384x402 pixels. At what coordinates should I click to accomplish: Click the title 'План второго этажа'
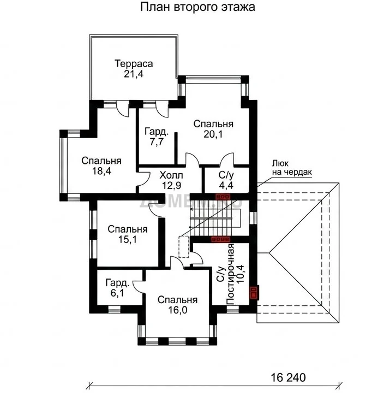coord(197,7)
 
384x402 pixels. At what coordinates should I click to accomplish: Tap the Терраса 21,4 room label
coord(134,68)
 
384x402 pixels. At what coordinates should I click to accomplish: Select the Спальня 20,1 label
coord(213,129)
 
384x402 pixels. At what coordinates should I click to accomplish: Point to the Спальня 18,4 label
coord(101,165)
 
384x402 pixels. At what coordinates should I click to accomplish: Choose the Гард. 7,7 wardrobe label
coord(157,137)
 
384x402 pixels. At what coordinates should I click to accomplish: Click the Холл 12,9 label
coord(171,180)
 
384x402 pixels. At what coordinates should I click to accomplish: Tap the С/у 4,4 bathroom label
coord(226,180)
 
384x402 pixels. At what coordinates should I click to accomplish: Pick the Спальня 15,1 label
coord(128,234)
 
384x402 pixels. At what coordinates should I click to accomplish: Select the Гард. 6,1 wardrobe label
coord(117,288)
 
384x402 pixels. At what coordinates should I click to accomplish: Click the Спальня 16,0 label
coord(177,305)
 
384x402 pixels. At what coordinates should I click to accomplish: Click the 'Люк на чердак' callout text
coord(292,168)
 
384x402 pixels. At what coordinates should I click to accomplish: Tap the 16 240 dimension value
coord(288,377)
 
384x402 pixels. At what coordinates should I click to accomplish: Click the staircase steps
coord(214,222)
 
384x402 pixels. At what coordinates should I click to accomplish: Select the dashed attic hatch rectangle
coord(184,247)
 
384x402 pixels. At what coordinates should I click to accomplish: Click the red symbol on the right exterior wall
coord(254,293)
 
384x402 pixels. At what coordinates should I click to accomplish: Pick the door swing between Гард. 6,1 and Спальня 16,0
coord(139,286)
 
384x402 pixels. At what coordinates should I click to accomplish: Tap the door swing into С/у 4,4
coord(227,159)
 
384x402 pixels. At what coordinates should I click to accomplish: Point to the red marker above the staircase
coord(223,197)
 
